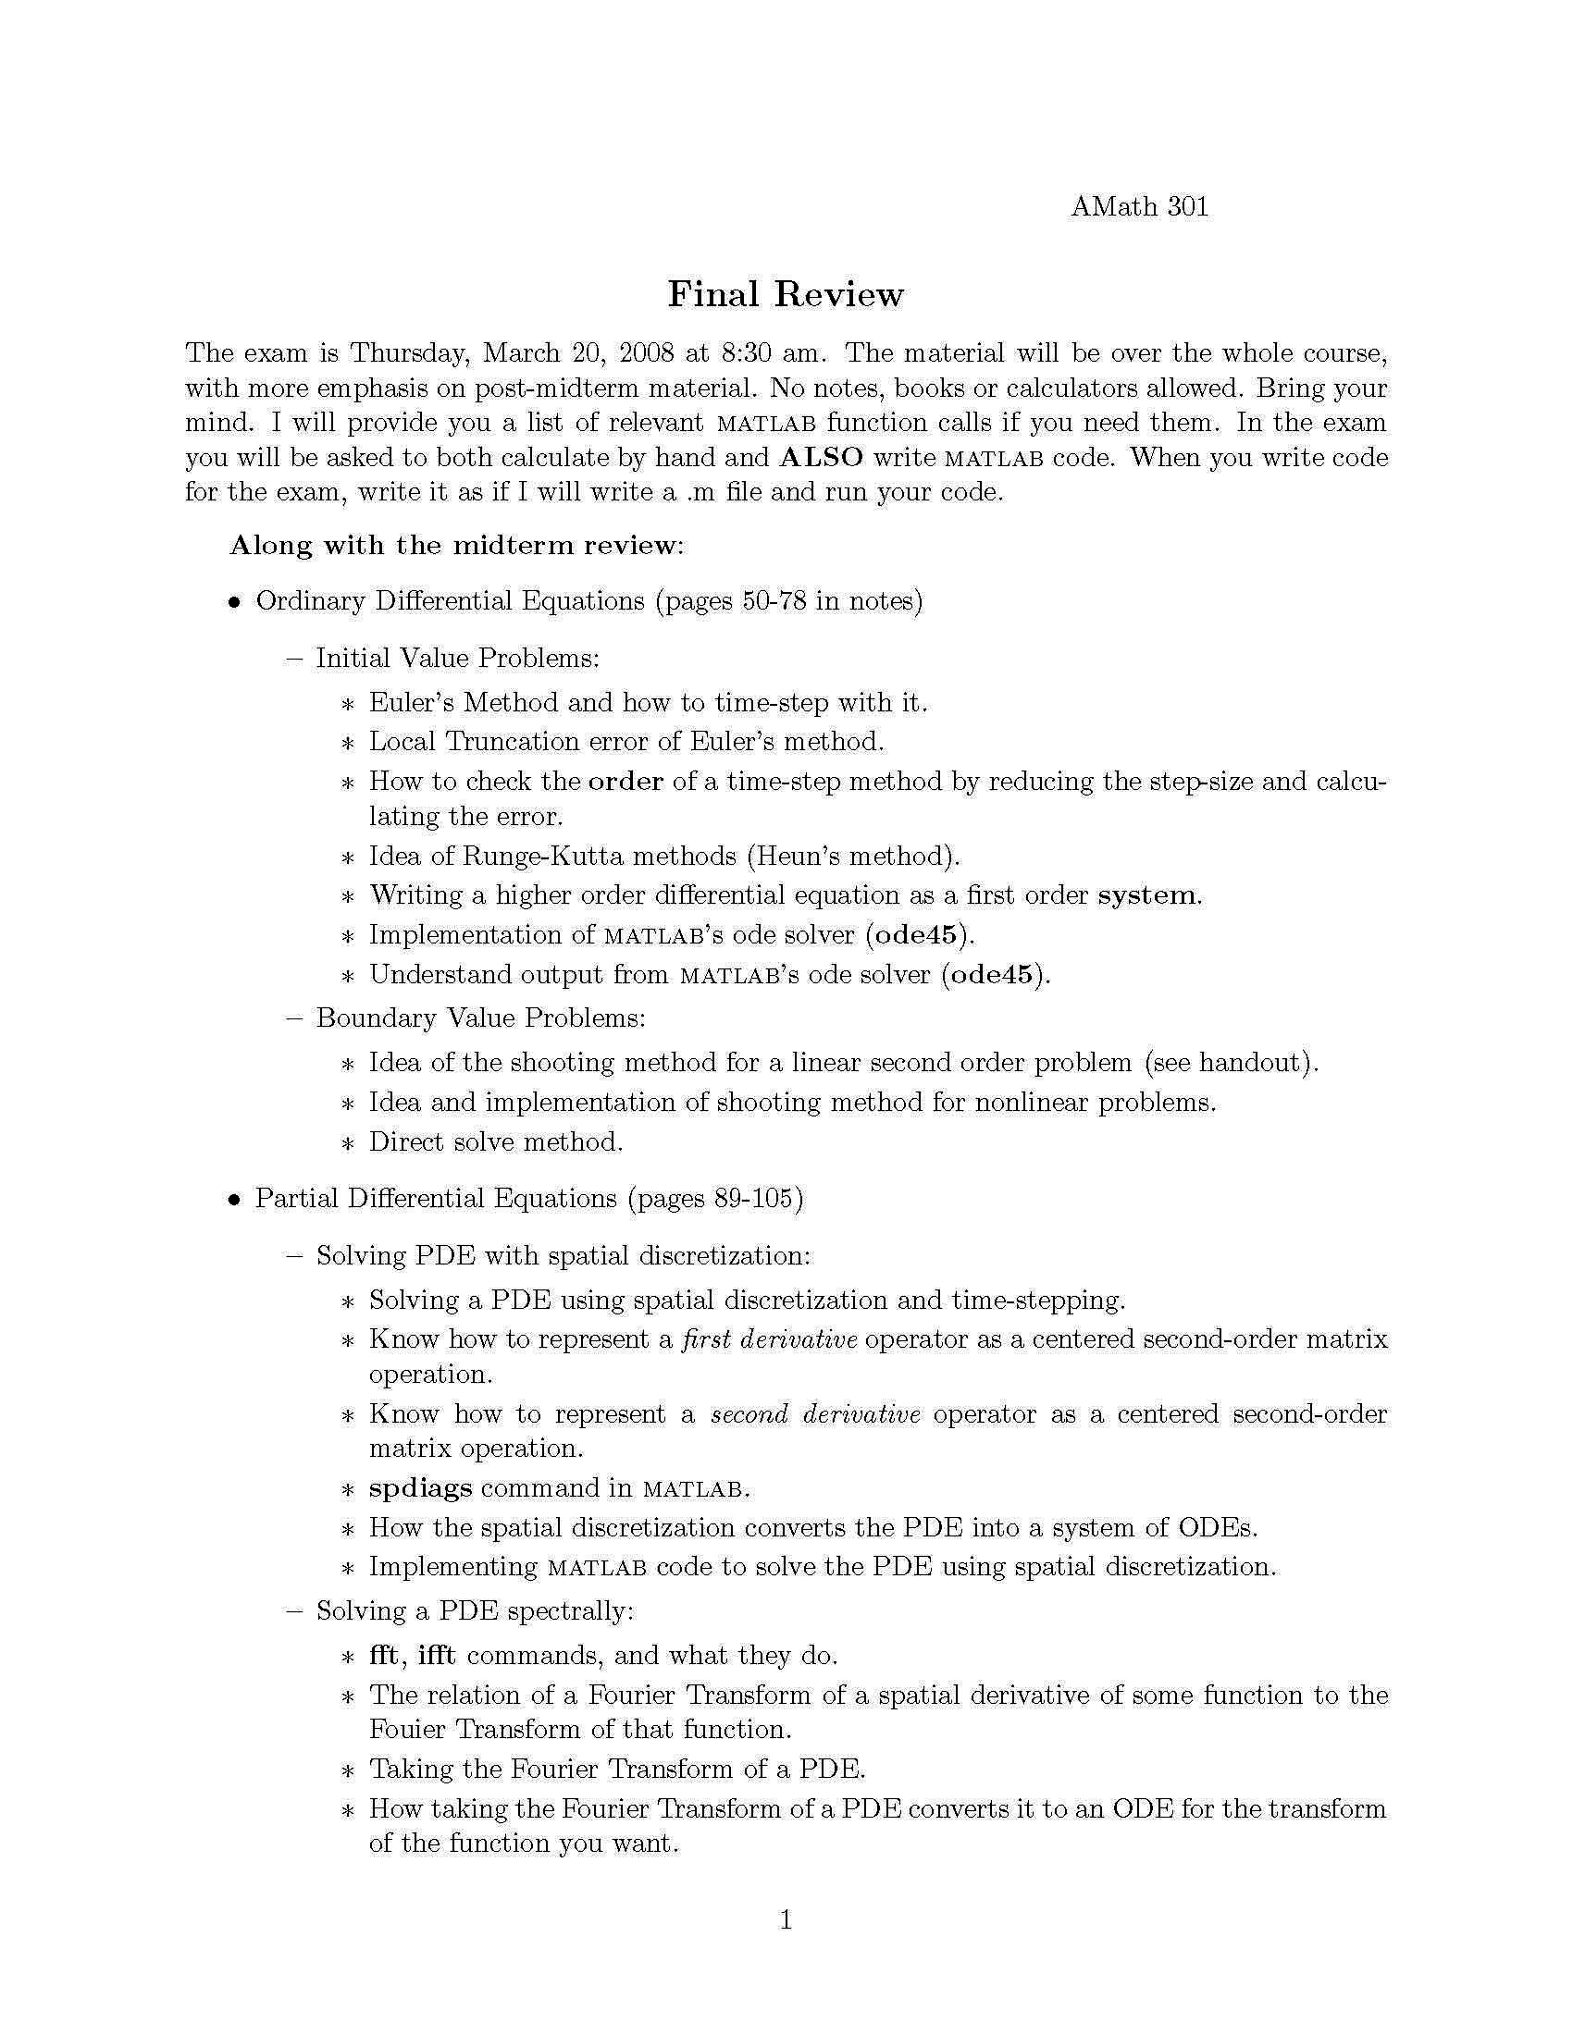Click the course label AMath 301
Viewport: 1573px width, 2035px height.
pos(1139,206)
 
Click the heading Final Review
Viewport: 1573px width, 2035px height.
pos(786,294)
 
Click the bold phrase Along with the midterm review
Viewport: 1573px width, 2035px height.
pos(455,545)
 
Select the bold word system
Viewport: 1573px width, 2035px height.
pos(1149,895)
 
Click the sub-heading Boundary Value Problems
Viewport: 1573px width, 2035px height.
pos(480,1017)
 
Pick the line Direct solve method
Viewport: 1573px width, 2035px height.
pos(496,1141)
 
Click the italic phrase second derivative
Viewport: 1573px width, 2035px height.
pos(815,1414)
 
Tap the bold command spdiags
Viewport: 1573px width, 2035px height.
pos(420,1489)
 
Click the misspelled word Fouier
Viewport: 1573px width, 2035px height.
pos(406,1730)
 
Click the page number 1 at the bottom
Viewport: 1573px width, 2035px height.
pos(786,1919)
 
